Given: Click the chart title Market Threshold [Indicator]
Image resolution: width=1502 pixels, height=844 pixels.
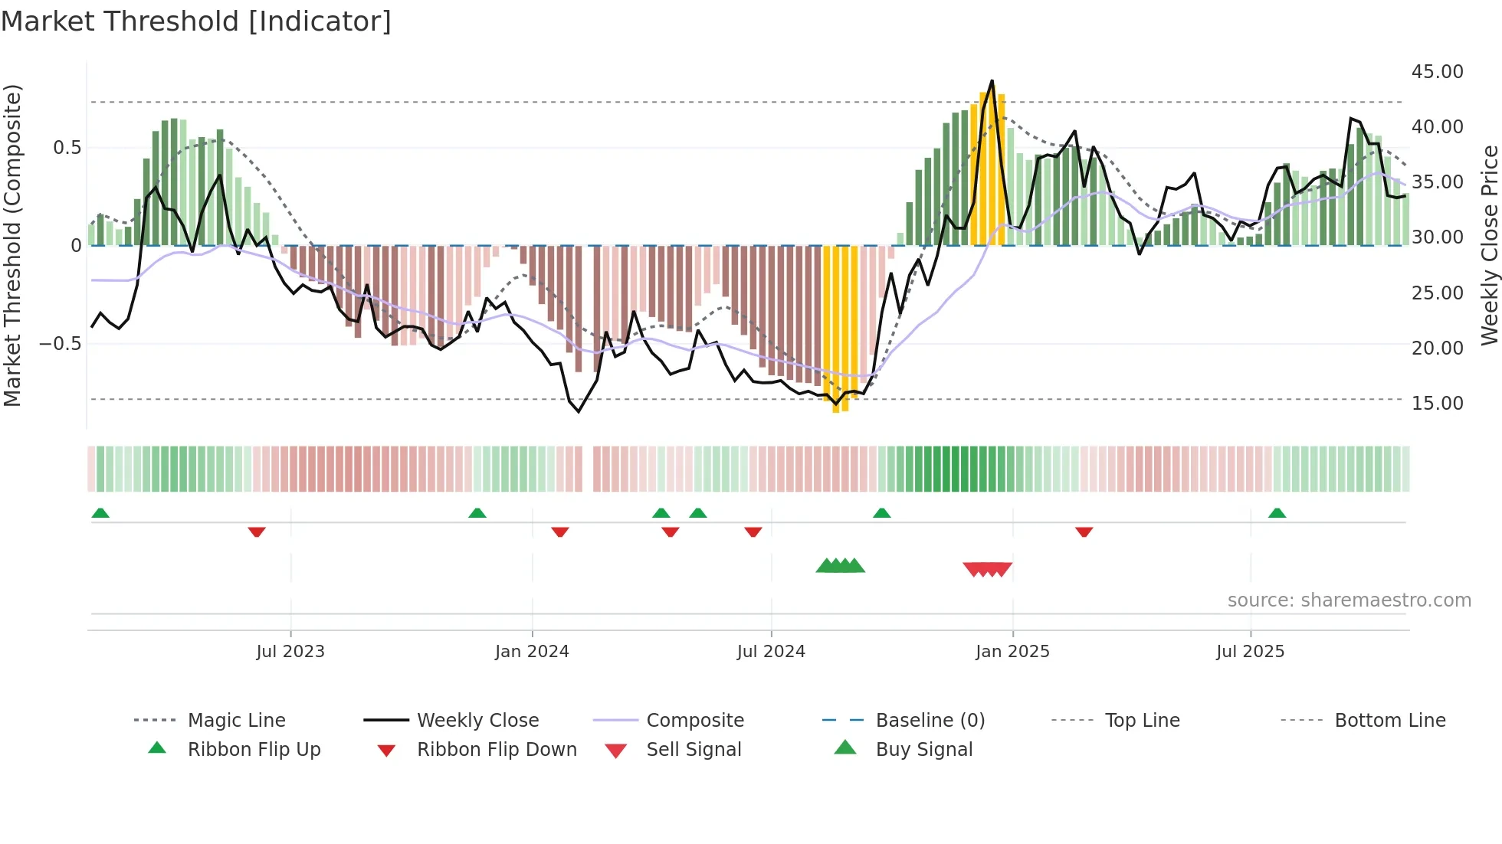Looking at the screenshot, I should [x=196, y=21].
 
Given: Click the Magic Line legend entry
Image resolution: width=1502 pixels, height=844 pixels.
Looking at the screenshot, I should [x=236, y=721].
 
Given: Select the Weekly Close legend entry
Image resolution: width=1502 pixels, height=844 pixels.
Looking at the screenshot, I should [x=477, y=721].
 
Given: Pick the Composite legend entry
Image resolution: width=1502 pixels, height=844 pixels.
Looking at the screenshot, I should [x=695, y=721].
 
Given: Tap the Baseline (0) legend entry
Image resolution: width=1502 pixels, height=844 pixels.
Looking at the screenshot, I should [x=930, y=721].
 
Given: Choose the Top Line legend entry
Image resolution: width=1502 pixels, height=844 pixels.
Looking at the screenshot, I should [x=1142, y=721].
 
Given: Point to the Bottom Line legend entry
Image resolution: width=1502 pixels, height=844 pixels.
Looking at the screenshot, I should [x=1389, y=721].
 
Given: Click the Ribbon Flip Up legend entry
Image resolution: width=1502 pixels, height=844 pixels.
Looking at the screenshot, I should [x=254, y=750].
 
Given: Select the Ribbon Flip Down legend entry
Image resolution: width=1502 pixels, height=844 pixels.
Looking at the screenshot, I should [x=497, y=750].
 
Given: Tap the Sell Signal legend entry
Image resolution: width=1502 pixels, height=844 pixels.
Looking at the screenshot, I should [x=694, y=750].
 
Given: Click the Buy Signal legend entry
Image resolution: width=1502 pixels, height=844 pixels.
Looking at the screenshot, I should [x=923, y=750].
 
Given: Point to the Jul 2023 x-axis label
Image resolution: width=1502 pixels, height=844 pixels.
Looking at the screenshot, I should [x=290, y=652].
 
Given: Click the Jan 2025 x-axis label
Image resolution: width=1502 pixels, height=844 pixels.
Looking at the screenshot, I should [x=1012, y=652].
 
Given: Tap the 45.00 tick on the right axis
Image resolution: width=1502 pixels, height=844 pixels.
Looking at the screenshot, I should [x=1437, y=72].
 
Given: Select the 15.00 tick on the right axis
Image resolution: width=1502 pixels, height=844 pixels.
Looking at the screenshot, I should [x=1437, y=404].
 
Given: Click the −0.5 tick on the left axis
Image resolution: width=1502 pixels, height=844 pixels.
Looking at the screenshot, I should [x=61, y=344].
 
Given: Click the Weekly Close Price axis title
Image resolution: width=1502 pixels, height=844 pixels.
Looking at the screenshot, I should [x=1489, y=245].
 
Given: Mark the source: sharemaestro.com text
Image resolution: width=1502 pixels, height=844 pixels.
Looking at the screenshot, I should [x=1349, y=600].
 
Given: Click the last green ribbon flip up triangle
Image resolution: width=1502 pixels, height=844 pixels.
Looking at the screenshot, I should [x=1277, y=513].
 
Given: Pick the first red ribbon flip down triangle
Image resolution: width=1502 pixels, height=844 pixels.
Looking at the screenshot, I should [x=257, y=532].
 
